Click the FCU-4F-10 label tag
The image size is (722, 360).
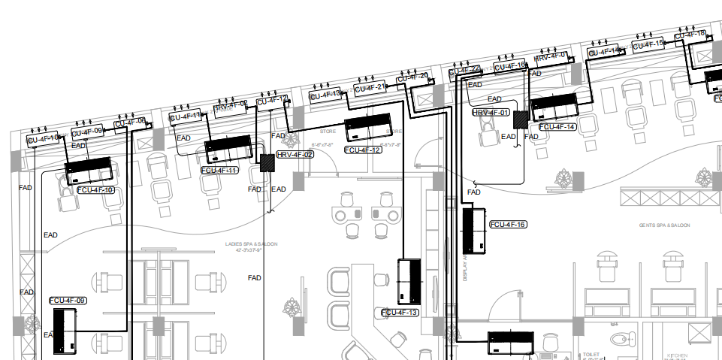[x=95, y=190]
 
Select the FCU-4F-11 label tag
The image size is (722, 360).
[x=219, y=171]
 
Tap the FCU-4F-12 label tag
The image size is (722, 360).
[x=364, y=150]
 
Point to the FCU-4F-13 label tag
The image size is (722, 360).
[x=400, y=312]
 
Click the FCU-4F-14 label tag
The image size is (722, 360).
[x=557, y=127]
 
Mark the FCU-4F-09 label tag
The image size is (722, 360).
[x=68, y=301]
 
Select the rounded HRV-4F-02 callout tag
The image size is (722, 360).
[x=295, y=154]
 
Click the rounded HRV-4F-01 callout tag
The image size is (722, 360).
[x=491, y=113]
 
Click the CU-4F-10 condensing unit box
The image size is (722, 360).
[x=43, y=139]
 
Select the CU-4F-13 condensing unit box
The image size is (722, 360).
[x=325, y=95]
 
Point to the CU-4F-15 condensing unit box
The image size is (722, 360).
[x=647, y=44]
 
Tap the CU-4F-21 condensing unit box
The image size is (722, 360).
[x=370, y=88]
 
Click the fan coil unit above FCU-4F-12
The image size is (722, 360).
[x=368, y=128]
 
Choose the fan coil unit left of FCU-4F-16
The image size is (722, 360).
[x=473, y=231]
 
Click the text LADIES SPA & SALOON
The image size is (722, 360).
[x=251, y=245]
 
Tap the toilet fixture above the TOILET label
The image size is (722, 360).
[x=618, y=339]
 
